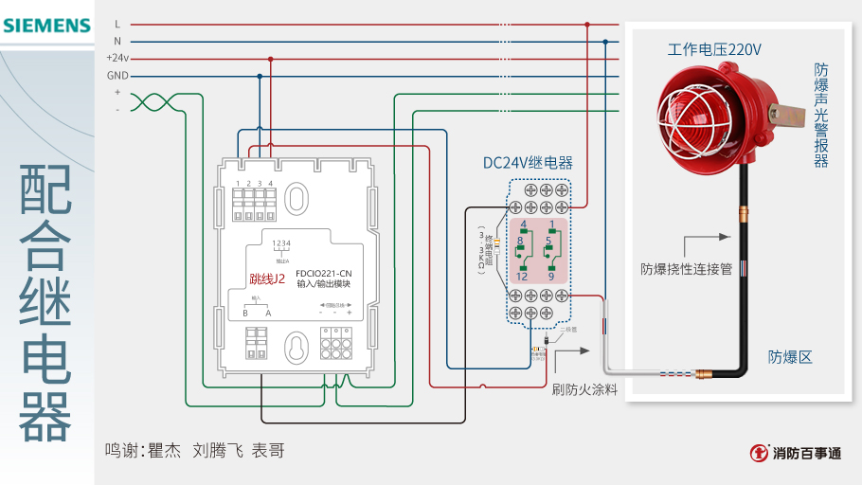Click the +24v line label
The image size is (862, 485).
click(117, 58)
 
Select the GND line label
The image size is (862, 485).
click(117, 75)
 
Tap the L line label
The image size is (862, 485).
click(117, 24)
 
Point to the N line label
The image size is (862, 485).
click(117, 41)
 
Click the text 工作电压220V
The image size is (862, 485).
click(714, 48)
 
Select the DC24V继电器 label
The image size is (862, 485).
click(528, 163)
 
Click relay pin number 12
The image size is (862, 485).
click(522, 277)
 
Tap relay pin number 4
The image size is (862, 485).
click(524, 225)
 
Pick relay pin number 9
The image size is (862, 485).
click(550, 277)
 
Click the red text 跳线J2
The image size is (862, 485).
click(267, 279)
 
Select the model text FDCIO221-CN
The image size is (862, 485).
click(324, 273)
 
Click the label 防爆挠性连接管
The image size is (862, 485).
click(687, 269)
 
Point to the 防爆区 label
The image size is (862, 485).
click(790, 357)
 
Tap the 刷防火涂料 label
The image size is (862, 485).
click(584, 389)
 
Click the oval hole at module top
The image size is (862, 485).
click(297, 199)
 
